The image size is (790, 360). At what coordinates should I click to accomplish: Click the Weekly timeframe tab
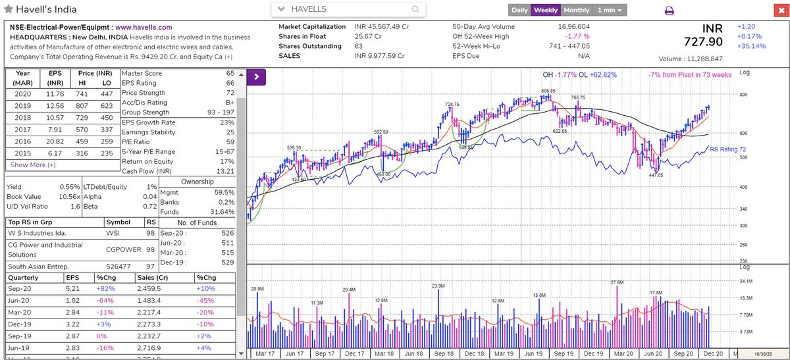click(x=546, y=10)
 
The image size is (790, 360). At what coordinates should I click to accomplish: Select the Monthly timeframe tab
click(x=576, y=10)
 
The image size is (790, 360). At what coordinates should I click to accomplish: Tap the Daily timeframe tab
click(x=519, y=10)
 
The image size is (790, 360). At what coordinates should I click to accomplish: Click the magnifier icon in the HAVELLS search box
click(x=415, y=10)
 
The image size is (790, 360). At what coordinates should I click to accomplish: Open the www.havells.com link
click(x=144, y=28)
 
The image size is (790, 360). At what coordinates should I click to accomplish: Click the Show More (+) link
click(x=33, y=165)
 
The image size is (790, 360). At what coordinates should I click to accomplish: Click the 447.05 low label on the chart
click(x=656, y=176)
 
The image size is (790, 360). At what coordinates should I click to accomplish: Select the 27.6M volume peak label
click(x=617, y=282)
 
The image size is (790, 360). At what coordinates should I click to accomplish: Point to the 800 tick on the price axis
click(x=745, y=95)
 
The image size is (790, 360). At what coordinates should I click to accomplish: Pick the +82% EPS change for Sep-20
click(x=105, y=288)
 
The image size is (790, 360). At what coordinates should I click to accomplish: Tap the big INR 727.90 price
click(x=702, y=41)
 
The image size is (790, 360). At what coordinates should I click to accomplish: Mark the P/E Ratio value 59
click(x=230, y=141)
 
